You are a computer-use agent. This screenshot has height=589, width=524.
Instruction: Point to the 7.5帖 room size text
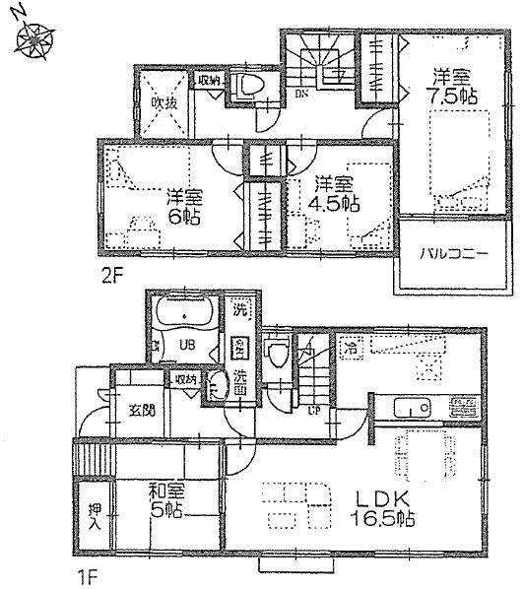pyautogui.click(x=450, y=96)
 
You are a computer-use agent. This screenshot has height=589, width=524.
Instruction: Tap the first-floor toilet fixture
pyautogui.click(x=276, y=350)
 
